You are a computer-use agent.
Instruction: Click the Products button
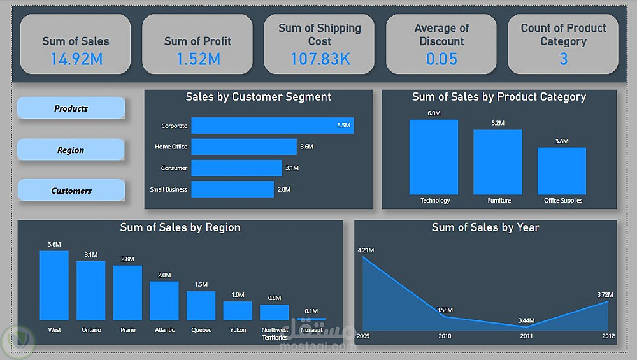coord(71,108)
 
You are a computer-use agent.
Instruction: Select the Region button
coord(71,150)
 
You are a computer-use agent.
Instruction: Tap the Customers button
coord(71,191)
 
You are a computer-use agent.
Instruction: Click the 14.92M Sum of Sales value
coord(76,59)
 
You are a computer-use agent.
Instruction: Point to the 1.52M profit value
coord(197,59)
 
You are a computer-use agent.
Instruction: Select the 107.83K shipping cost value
coord(320,59)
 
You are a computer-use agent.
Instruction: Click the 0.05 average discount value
coord(441,59)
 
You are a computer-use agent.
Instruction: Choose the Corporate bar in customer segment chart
coord(272,126)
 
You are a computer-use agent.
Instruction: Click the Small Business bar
coord(232,189)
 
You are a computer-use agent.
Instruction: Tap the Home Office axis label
coord(171,147)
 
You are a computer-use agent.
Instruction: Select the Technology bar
coord(433,157)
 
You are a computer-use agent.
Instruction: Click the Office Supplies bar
coord(561,171)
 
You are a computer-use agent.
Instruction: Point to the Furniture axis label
coord(499,201)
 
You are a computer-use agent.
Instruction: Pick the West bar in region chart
coord(54,285)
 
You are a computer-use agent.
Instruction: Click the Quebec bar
coord(201,305)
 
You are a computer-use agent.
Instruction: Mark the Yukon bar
coord(238,310)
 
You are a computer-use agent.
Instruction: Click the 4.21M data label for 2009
coord(366,250)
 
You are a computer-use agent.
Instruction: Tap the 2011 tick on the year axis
coord(526,336)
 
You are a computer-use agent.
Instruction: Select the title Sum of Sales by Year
coord(485,227)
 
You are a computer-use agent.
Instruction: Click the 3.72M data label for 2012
coord(605,295)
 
